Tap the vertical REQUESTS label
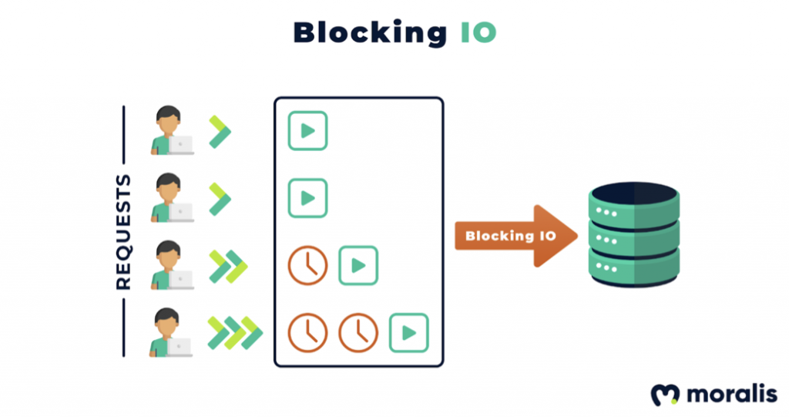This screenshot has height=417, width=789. (x=123, y=232)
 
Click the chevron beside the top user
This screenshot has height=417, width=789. (x=220, y=132)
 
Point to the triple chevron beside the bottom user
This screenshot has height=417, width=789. (x=235, y=332)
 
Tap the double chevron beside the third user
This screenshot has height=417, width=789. (x=228, y=266)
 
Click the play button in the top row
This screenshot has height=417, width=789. (x=307, y=131)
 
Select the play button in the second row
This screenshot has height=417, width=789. (x=307, y=198)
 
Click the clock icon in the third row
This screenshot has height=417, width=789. (x=307, y=265)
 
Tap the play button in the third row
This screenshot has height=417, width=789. (x=358, y=265)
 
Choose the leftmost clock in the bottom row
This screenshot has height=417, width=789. (x=307, y=332)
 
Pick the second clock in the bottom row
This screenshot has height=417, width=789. (x=358, y=332)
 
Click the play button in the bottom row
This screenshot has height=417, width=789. (x=408, y=332)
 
